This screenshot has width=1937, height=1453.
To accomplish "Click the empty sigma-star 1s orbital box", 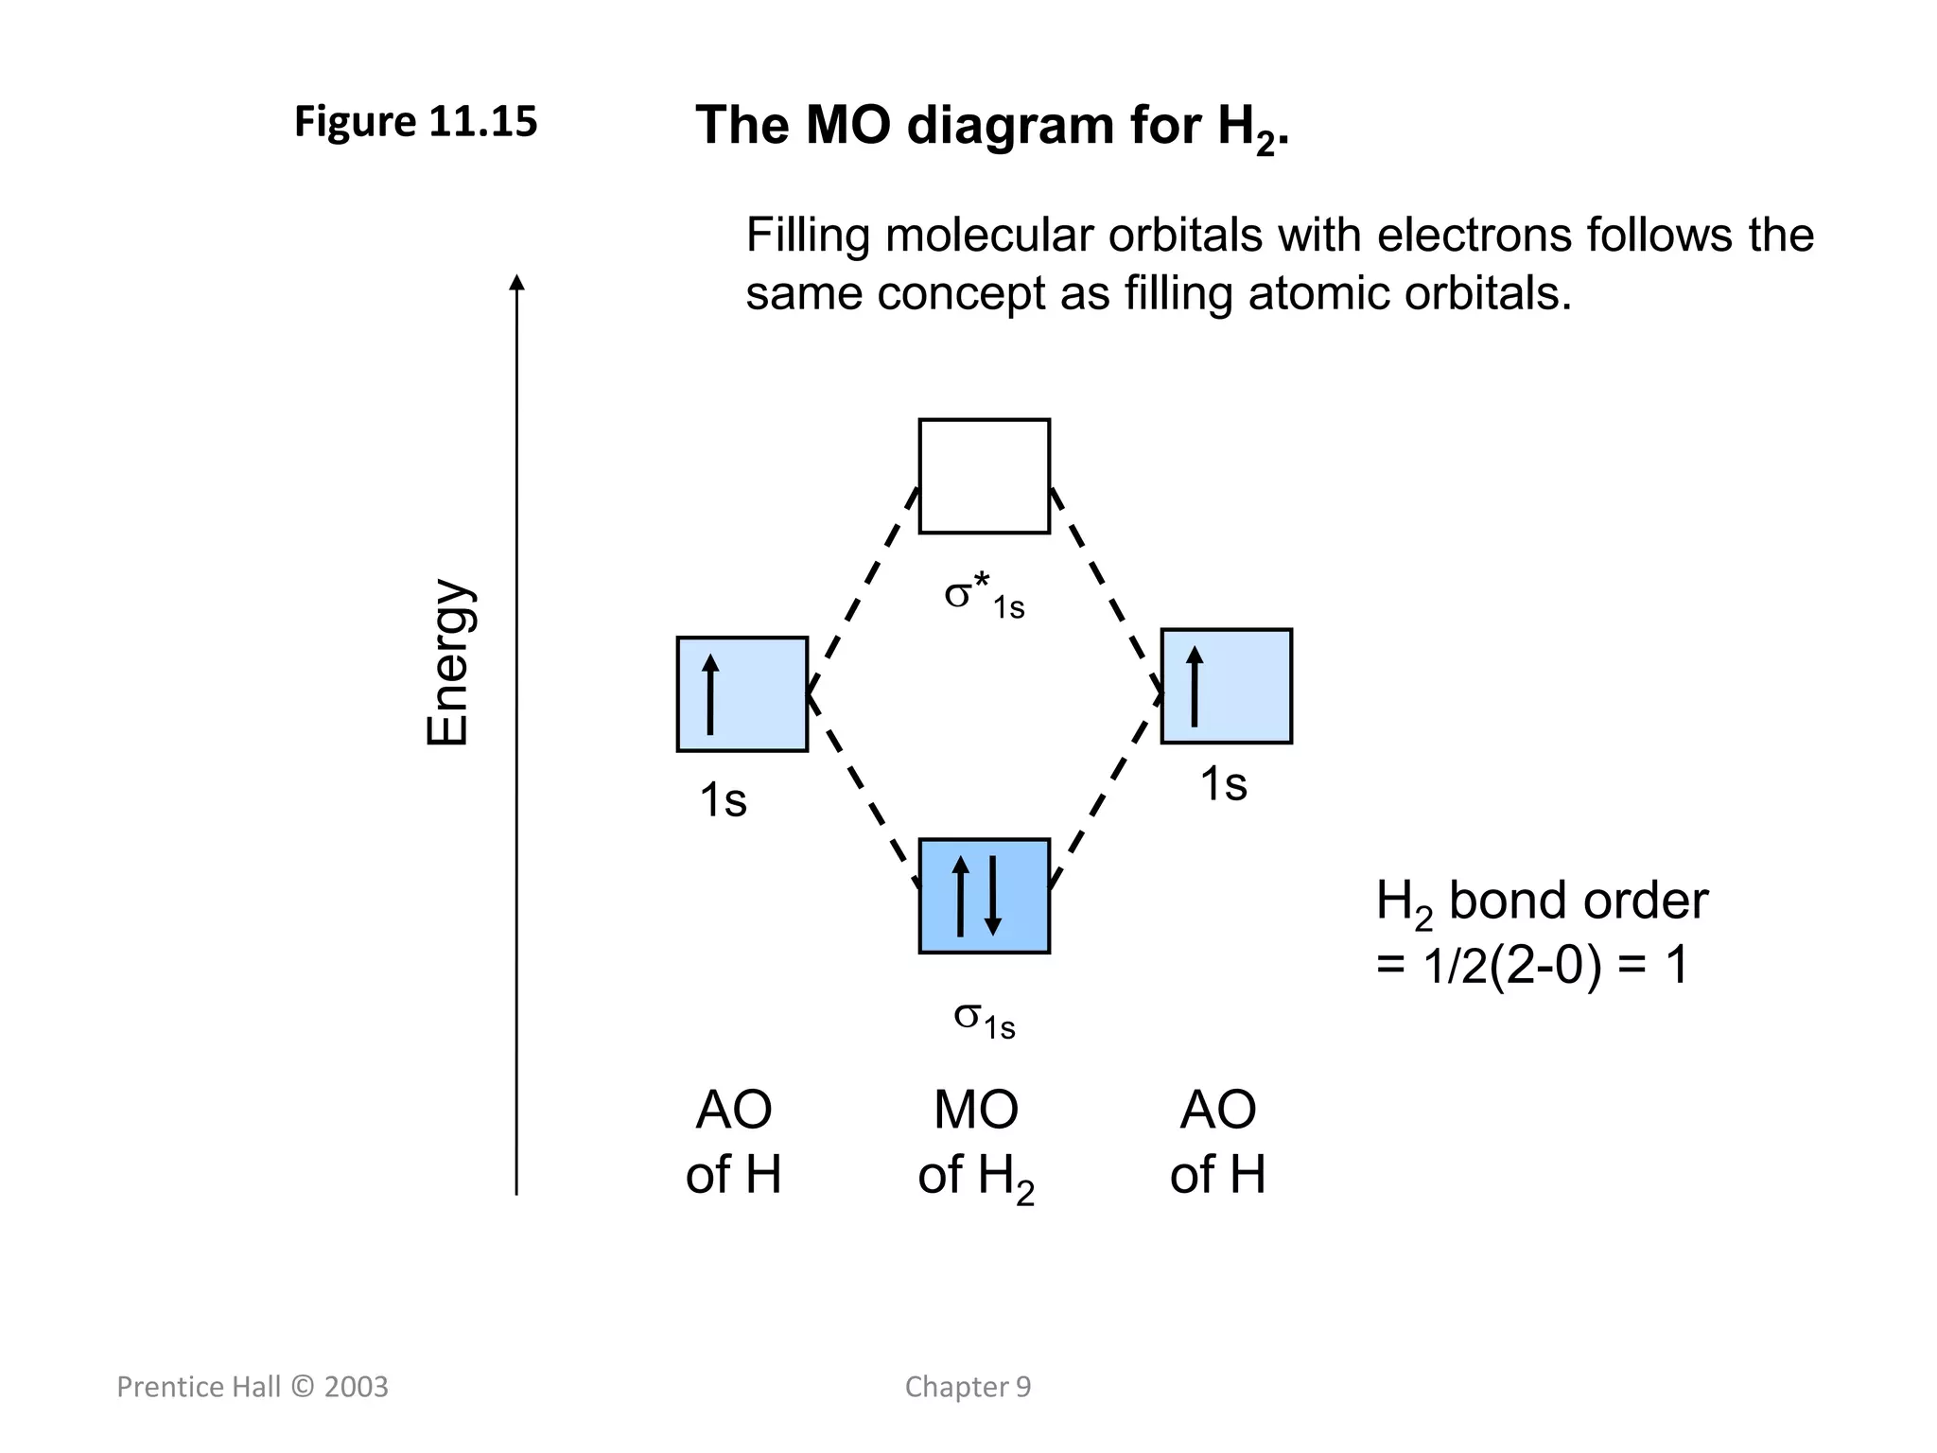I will [984, 476].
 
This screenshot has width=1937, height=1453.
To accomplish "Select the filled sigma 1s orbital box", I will [984, 895].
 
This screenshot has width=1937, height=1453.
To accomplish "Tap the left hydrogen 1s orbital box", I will [742, 694].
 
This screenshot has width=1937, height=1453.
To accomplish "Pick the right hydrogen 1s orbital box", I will [1226, 686].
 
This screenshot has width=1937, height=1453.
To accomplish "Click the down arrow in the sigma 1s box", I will [992, 895].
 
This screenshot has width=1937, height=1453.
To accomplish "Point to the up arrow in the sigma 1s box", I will [961, 895].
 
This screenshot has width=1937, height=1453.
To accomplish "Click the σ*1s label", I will [984, 598].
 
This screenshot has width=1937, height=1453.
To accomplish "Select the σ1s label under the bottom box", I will [984, 1019].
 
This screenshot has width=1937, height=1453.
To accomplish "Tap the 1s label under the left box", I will [723, 800].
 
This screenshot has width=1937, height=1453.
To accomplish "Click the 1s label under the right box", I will [1223, 784].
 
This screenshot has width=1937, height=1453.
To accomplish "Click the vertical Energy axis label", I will [447, 662].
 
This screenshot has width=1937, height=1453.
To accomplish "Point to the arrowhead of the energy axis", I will [516, 282].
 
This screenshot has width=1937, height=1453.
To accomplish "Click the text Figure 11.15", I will [415, 122].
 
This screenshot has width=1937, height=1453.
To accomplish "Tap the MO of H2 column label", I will [976, 1143].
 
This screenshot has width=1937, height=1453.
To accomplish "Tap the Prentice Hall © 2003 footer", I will [253, 1387].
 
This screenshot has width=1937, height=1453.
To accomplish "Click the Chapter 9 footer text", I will [968, 1387].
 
